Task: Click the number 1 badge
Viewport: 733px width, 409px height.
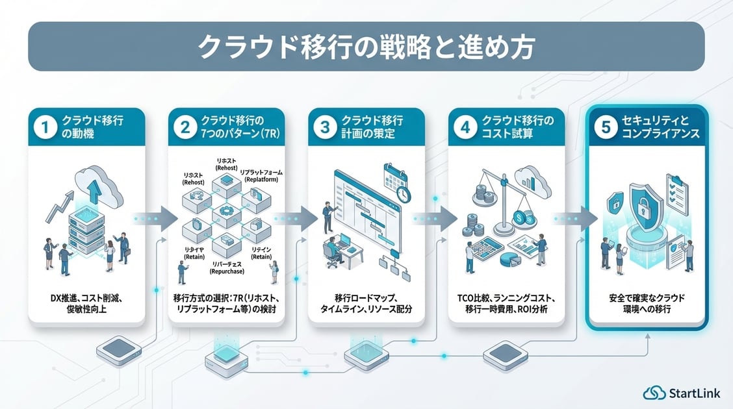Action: (x=44, y=127)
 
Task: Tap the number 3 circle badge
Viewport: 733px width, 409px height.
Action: (x=325, y=127)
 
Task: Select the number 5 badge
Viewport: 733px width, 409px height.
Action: (x=606, y=127)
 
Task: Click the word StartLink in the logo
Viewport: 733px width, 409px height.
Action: (x=695, y=392)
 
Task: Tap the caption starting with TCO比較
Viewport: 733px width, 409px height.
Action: (x=506, y=303)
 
